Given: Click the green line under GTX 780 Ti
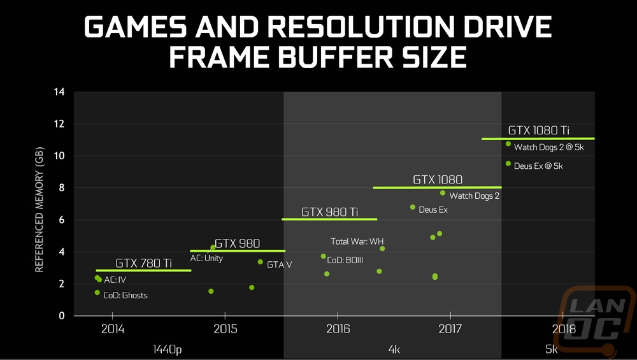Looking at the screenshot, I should coord(143,271).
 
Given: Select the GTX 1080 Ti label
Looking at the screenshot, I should coord(538,130).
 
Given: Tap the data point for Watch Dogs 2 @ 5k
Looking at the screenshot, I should coord(508,144).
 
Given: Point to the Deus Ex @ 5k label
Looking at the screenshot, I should coord(538,166).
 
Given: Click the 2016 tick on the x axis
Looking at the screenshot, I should coord(338,329).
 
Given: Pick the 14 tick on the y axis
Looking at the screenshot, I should coord(59,92).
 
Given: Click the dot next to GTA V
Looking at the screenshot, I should coord(260,262).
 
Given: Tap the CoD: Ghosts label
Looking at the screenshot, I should coord(125,296).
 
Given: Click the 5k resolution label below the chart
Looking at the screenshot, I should coord(551,349).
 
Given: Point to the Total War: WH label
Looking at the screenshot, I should coord(357,241).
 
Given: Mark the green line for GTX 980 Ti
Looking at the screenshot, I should coord(329,219).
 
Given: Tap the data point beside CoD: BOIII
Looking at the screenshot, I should coord(324,256).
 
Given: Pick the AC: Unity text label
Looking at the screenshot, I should coord(206,259).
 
